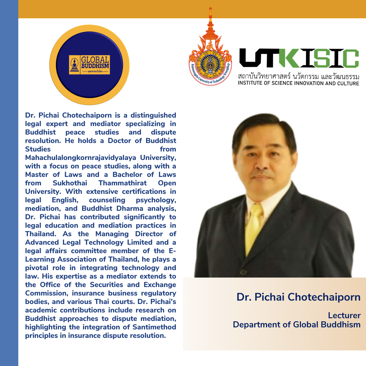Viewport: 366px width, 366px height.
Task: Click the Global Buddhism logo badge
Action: point(89,65)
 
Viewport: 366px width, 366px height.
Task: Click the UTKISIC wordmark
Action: point(299,58)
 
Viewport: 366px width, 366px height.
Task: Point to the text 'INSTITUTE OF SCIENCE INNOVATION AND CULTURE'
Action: point(298,83)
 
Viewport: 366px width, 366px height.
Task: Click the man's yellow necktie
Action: point(254,228)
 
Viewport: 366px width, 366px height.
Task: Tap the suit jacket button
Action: point(243,272)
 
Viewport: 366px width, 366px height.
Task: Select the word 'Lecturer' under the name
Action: point(344,316)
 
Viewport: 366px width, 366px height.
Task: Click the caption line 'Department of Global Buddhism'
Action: point(297,325)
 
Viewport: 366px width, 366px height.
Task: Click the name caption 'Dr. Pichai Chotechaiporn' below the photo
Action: point(299,297)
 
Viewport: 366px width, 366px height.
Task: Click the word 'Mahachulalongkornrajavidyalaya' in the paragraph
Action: point(81,158)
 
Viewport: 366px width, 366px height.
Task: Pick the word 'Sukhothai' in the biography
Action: point(70,183)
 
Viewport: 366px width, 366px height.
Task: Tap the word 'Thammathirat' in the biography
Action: point(123,183)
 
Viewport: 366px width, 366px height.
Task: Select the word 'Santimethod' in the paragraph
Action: point(154,327)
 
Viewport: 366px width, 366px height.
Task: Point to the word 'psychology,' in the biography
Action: point(156,200)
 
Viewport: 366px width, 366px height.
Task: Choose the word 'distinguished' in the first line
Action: point(154,116)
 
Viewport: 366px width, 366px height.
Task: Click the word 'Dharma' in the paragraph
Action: point(130,208)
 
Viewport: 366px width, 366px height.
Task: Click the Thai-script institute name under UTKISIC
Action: point(299,76)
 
